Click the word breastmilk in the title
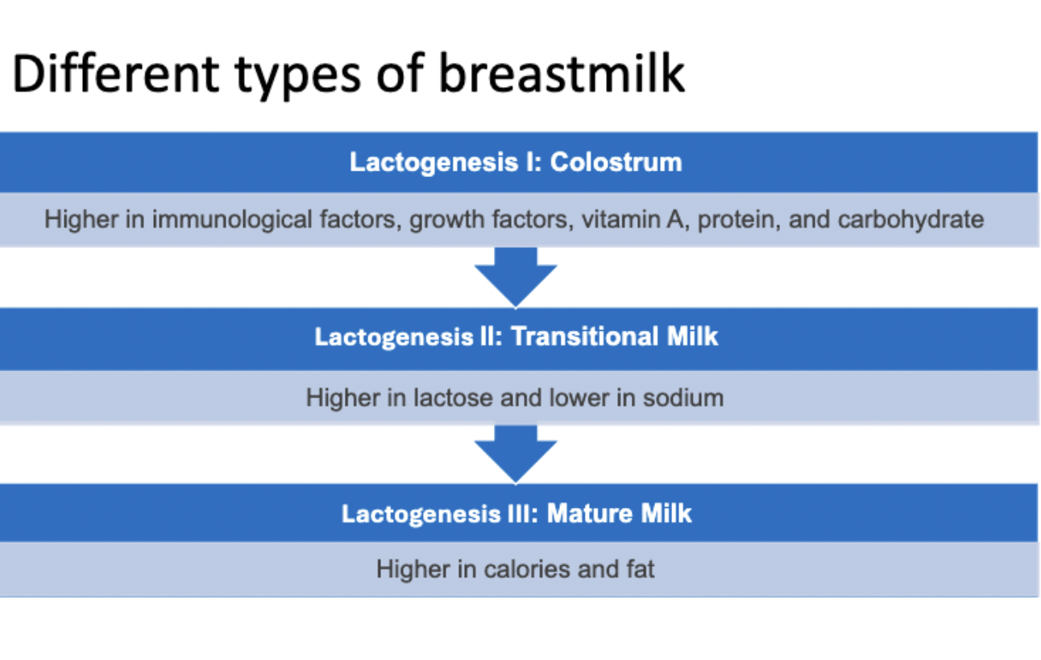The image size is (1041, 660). coord(562,73)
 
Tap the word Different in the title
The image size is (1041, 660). coord(115,73)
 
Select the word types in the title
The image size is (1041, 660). coord(298,77)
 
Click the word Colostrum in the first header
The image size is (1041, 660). coord(616,163)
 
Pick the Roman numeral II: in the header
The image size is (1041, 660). coord(491,336)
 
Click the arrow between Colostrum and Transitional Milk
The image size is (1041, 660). coord(516,278)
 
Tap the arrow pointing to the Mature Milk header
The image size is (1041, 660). coord(516,455)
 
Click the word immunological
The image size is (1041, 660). coord(232,220)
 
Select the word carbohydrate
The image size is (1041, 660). coord(910,220)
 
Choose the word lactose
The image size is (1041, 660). coord(453,398)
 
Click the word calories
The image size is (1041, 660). coord(526,569)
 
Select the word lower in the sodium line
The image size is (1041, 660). coord(579,398)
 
